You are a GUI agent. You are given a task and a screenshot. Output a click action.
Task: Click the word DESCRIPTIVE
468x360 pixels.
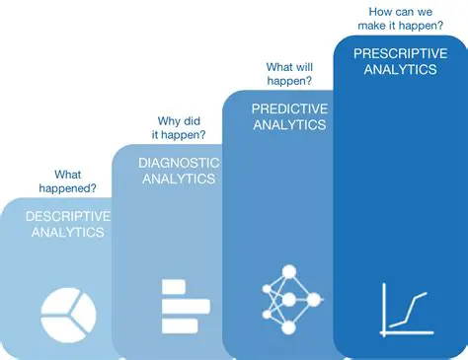(68, 216)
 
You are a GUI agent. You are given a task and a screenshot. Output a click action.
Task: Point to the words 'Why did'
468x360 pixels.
(181, 121)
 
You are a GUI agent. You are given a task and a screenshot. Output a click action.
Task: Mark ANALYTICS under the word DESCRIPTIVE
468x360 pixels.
(67, 233)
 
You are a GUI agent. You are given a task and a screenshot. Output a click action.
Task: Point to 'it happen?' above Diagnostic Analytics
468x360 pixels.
(181, 136)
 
